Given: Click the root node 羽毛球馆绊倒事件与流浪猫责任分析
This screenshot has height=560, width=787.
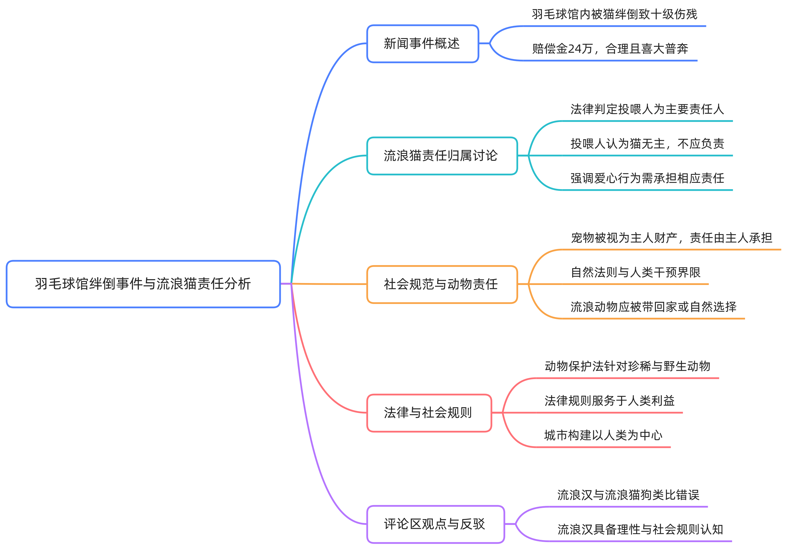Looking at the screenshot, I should point(143,284).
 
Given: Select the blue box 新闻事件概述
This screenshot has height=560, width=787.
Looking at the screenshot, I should point(422,43).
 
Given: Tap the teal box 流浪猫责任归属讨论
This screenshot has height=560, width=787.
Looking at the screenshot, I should point(442,156).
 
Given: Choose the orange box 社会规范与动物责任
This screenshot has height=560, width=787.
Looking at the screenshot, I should point(442,284).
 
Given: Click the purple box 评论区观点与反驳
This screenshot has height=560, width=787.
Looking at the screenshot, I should point(435,524).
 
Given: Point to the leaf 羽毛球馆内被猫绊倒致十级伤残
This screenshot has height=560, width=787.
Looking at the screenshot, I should point(614,14).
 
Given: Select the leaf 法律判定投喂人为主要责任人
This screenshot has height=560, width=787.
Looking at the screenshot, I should point(647,109).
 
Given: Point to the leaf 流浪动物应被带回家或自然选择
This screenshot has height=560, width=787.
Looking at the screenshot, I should point(653,307).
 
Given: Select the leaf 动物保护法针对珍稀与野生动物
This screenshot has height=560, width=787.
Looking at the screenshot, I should point(627,366).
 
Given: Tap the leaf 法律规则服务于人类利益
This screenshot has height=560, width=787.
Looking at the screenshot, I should point(609,401).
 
